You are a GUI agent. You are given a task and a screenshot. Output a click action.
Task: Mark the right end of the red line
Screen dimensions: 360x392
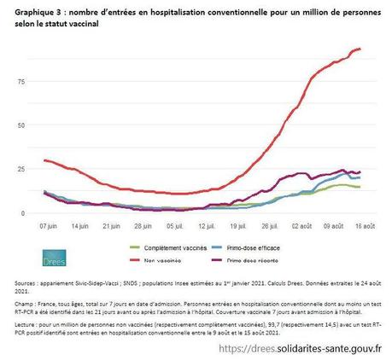click(x=360, y=49)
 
